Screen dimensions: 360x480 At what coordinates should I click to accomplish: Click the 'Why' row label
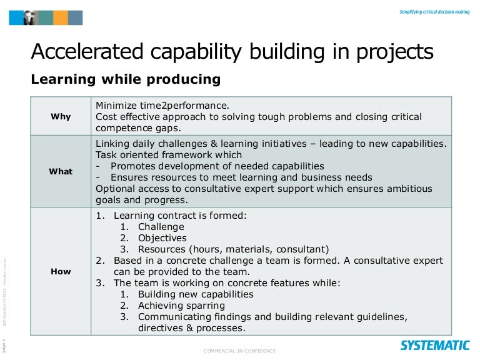pos(61,116)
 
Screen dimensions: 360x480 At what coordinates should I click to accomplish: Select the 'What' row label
pos(61,171)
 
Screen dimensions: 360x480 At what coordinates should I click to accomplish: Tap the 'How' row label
pos(61,271)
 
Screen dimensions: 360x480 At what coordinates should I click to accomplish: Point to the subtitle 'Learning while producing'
pos(126,79)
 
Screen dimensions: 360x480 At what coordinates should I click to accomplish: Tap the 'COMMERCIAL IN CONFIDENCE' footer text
pos(239,351)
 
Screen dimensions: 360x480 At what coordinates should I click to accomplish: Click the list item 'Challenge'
pos(161,226)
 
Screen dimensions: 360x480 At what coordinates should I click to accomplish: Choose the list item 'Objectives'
pos(162,237)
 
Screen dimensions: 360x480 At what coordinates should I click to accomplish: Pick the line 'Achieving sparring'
pos(181,306)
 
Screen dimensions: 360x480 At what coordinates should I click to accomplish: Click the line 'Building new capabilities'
pos(196,294)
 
